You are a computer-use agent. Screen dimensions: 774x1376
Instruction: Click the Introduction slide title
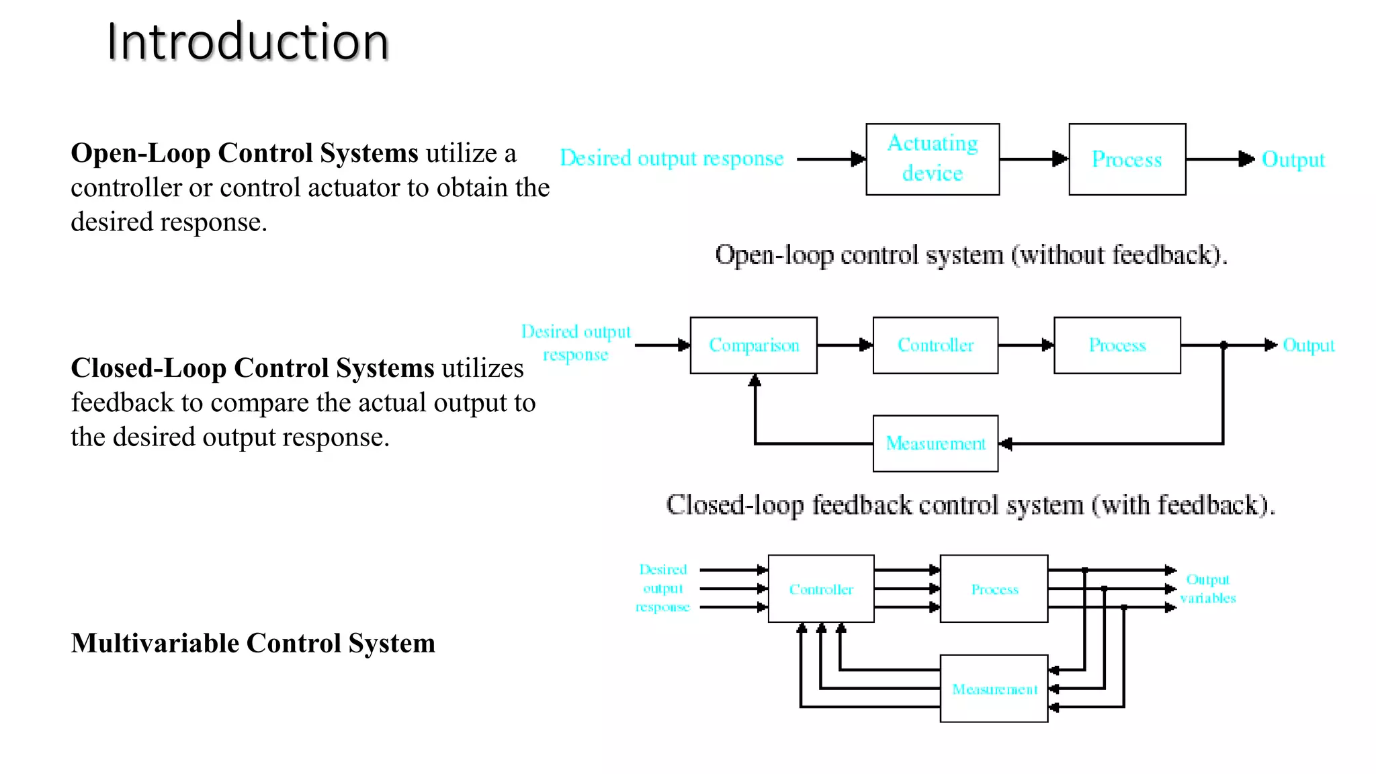(247, 42)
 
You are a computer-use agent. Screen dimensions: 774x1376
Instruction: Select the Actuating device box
(933, 159)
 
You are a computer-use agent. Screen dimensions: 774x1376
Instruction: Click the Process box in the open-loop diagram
(1127, 159)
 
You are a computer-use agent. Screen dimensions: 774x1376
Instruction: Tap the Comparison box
(753, 345)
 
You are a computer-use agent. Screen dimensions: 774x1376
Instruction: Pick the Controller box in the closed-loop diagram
(935, 345)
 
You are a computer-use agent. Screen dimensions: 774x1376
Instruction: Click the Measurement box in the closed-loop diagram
(935, 443)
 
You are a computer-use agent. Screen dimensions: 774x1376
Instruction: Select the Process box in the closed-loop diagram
(1117, 345)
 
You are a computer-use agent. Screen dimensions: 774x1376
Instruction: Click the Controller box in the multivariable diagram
(820, 589)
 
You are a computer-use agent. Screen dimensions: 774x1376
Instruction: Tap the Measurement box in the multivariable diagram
(994, 689)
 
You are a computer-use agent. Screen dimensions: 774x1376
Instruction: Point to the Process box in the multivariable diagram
(994, 589)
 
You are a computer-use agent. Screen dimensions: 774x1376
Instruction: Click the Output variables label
(1207, 589)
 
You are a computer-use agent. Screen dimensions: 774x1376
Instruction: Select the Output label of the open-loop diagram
(1293, 159)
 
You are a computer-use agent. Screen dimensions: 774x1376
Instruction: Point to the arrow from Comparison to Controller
(845, 345)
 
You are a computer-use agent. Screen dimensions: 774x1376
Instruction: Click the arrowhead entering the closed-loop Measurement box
(1006, 443)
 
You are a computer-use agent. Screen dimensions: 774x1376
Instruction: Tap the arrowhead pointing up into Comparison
(755, 381)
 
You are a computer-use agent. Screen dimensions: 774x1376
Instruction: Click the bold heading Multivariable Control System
(253, 643)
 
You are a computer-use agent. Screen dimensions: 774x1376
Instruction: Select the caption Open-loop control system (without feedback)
(971, 255)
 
